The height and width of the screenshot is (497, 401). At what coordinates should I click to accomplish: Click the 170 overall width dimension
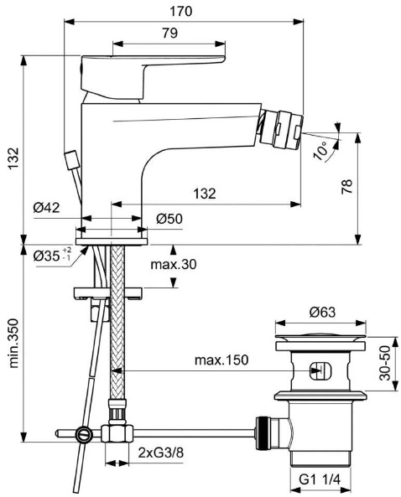pos(181,12)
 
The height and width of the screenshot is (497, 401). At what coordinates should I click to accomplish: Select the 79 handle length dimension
pos(170,33)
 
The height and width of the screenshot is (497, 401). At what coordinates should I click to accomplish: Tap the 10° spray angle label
pos(321,151)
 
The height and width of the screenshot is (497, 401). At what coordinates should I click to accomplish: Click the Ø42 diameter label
pos(46,208)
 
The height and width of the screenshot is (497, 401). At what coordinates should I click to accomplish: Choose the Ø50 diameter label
pos(169,219)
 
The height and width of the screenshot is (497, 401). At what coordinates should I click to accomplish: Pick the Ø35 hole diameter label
pos(52,256)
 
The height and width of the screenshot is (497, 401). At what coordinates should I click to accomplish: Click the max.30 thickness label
pos(174,264)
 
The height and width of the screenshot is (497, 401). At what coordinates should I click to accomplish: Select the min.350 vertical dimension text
pos(13,343)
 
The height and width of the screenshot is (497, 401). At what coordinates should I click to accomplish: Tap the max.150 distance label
pos(221,360)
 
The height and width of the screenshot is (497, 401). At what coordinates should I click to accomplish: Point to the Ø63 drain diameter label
pos(321,313)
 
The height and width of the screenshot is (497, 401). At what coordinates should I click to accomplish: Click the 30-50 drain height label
pos(385,363)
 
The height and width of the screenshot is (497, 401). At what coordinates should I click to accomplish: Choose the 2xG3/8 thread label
pos(161,453)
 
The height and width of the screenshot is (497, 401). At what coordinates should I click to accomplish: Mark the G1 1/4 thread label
pos(320,479)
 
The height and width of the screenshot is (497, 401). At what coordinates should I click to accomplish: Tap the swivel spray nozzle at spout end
pos(281,130)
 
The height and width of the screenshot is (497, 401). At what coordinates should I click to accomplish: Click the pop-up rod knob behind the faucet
pos(71,158)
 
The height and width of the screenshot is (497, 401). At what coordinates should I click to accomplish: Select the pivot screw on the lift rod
pos(85,435)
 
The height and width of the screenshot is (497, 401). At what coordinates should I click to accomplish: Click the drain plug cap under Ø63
pos(320,337)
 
